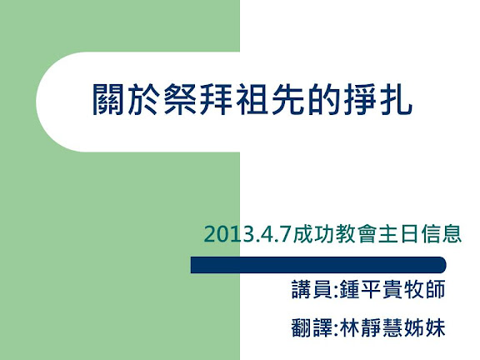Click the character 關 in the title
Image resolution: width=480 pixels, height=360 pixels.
pos(107,99)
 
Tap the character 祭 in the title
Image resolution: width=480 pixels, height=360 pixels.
pos(180,99)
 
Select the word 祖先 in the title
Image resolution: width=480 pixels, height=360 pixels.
pos(252,99)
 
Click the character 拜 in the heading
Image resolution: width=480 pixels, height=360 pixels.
pos(216,99)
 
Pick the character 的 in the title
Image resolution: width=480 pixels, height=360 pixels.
pos(324,99)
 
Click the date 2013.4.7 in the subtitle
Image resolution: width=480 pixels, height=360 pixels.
pos(247,234)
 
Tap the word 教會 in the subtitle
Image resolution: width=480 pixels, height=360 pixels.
pos(355,234)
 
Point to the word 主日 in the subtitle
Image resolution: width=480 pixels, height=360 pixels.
pos(398,234)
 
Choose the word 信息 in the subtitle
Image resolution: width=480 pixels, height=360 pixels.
pos(441,234)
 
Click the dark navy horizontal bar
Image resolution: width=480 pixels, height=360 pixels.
pos(318,265)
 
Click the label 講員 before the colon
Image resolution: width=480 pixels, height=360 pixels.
pos(312,289)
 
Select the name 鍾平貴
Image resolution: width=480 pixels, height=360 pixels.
pos(370,289)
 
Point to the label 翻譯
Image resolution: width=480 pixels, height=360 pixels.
pos(312,328)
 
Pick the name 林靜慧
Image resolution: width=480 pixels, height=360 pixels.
pos(370,328)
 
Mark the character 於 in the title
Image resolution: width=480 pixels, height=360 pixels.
pos(144,99)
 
